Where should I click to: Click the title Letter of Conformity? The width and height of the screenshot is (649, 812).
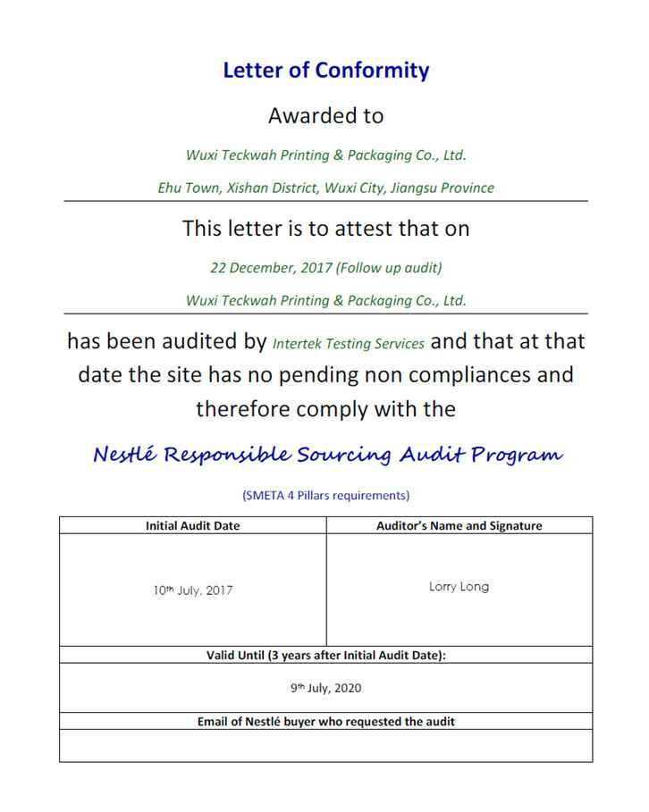(325, 71)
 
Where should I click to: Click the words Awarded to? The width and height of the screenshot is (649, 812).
(325, 115)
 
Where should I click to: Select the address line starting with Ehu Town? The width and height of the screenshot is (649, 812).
(325, 188)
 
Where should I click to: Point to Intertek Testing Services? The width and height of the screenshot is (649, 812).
(349, 343)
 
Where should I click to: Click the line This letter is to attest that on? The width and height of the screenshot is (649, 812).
(325, 228)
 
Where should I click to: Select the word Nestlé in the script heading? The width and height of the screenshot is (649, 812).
(125, 455)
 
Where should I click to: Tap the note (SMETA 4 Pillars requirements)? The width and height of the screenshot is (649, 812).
(325, 495)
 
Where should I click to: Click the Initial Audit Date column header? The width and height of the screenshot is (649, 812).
(192, 525)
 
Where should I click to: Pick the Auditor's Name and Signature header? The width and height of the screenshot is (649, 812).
(459, 525)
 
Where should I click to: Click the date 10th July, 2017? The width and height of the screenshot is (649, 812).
(192, 590)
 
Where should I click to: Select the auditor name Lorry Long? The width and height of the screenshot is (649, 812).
(459, 587)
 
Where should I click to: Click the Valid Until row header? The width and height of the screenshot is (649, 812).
(325, 655)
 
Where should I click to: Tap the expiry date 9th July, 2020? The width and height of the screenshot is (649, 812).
(325, 688)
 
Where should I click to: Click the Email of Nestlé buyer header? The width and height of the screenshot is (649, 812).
(325, 721)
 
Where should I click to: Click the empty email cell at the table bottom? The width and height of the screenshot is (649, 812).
(325, 745)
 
